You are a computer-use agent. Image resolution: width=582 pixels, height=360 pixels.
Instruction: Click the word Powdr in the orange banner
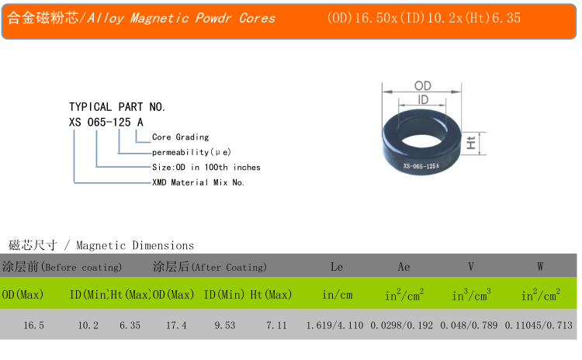pyautogui.click(x=213, y=18)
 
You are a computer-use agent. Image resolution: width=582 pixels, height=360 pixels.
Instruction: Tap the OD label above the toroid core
pyautogui.click(x=422, y=85)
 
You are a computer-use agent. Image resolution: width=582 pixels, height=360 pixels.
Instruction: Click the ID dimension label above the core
pyautogui.click(x=423, y=99)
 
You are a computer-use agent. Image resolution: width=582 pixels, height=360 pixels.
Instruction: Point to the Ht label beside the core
pyautogui.click(x=471, y=143)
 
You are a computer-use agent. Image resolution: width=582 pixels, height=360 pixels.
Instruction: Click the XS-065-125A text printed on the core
pyautogui.click(x=421, y=166)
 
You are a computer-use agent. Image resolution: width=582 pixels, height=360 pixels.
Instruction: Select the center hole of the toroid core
pyautogui.click(x=421, y=141)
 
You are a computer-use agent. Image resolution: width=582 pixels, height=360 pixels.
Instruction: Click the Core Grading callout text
pyautogui.click(x=180, y=137)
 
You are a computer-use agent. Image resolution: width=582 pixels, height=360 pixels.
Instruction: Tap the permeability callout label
pyautogui.click(x=192, y=152)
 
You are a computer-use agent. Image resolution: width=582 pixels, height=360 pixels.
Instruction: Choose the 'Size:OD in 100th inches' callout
pyautogui.click(x=206, y=168)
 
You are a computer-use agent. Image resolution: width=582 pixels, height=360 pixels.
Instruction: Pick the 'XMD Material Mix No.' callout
pyautogui.click(x=198, y=182)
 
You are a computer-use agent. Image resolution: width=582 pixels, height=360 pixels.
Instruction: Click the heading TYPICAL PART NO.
pyautogui.click(x=117, y=107)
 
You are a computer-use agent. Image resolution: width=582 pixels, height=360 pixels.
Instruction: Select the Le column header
pyautogui.click(x=337, y=266)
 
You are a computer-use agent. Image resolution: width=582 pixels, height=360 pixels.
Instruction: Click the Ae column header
pyautogui.click(x=404, y=266)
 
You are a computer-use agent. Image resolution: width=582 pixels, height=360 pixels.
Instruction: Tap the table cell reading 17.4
pyautogui.click(x=176, y=326)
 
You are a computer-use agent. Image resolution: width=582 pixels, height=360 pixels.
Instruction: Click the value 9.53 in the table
pyautogui.click(x=225, y=326)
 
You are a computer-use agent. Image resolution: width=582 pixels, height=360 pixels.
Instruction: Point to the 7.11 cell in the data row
pyautogui.click(x=276, y=326)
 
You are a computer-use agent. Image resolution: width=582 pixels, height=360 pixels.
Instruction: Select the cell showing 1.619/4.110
pyautogui.click(x=334, y=326)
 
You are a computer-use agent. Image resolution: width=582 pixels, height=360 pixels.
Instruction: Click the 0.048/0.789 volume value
pyautogui.click(x=469, y=326)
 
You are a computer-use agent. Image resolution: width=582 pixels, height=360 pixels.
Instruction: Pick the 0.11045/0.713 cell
pyautogui.click(x=539, y=326)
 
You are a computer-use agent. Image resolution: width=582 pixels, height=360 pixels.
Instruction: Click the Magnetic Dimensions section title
pyautogui.click(x=135, y=245)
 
